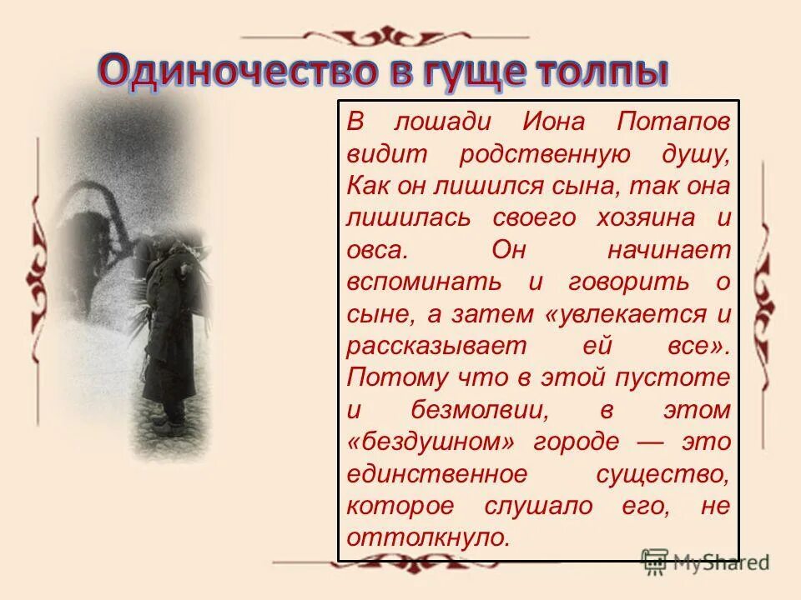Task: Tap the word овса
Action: [x=377, y=249]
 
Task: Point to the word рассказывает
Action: [x=425, y=346]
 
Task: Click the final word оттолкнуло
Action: [x=427, y=537]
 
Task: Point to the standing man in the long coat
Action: [x=169, y=333]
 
